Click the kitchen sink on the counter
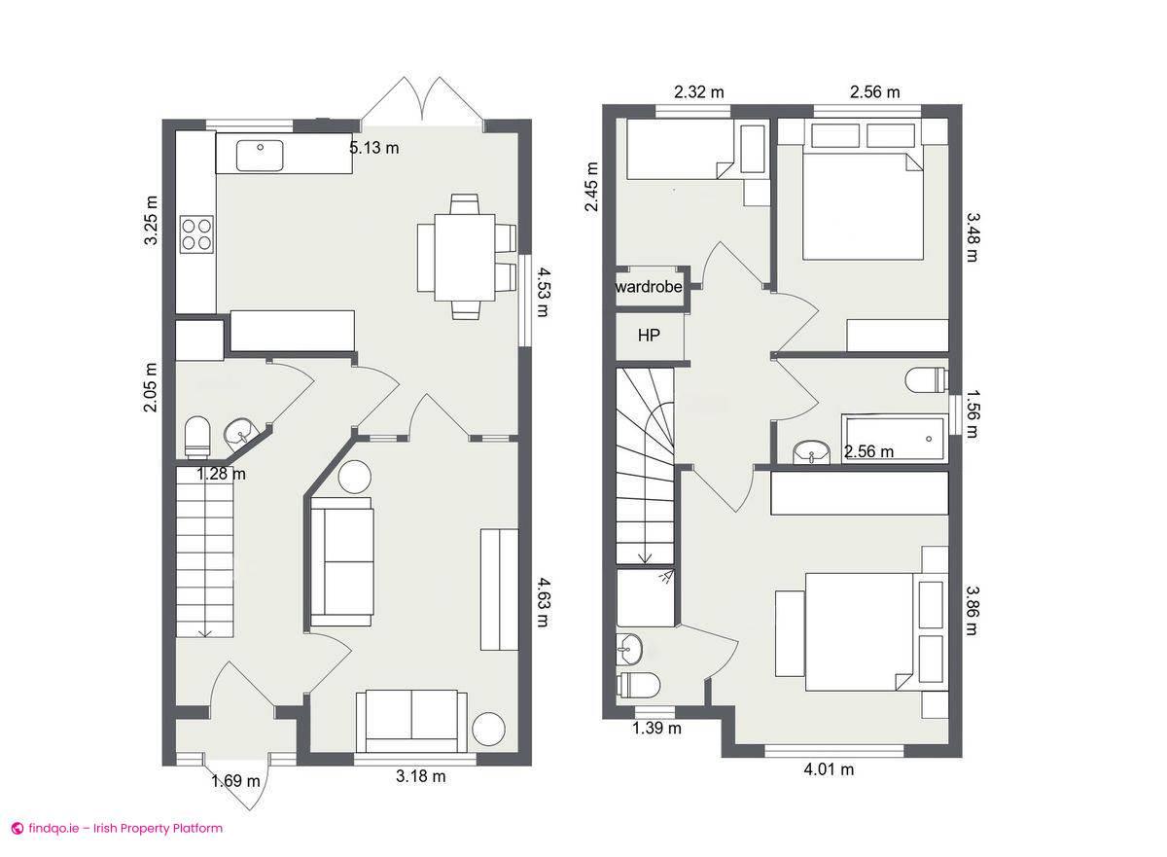click(x=260, y=155)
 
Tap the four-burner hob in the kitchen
click(x=196, y=234)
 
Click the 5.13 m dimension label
click(x=374, y=149)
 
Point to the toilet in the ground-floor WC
click(x=197, y=436)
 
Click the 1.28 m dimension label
click(x=221, y=475)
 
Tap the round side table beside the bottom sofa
click(x=489, y=729)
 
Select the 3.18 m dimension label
click(x=421, y=776)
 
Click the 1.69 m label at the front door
click(x=235, y=780)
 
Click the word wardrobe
click(x=649, y=287)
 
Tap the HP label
click(x=649, y=336)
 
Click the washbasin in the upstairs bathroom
click(x=810, y=451)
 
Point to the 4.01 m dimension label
click(x=829, y=770)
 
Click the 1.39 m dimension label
click(x=657, y=728)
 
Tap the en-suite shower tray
click(x=647, y=598)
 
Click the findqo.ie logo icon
click(x=17, y=829)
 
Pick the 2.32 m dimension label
click(x=699, y=92)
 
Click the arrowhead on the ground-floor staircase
click(x=205, y=632)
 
